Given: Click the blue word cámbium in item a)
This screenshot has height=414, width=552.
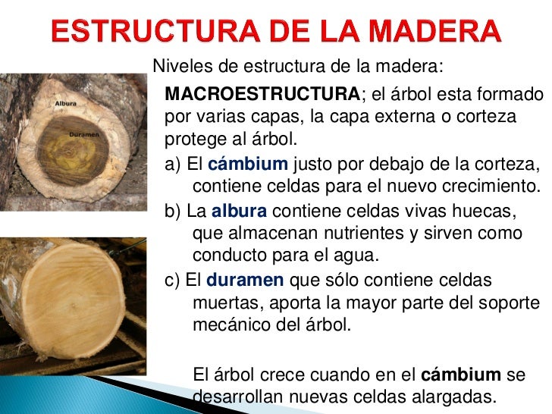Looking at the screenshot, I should coord(247,164).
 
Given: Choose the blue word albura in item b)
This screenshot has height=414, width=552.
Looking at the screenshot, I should coord(239,211).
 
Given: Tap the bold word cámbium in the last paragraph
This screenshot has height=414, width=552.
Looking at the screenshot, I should coord(461,374).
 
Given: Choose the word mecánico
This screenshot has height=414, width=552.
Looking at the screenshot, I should coord(236,327).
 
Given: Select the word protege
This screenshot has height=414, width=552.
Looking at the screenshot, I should coord(195,141).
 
